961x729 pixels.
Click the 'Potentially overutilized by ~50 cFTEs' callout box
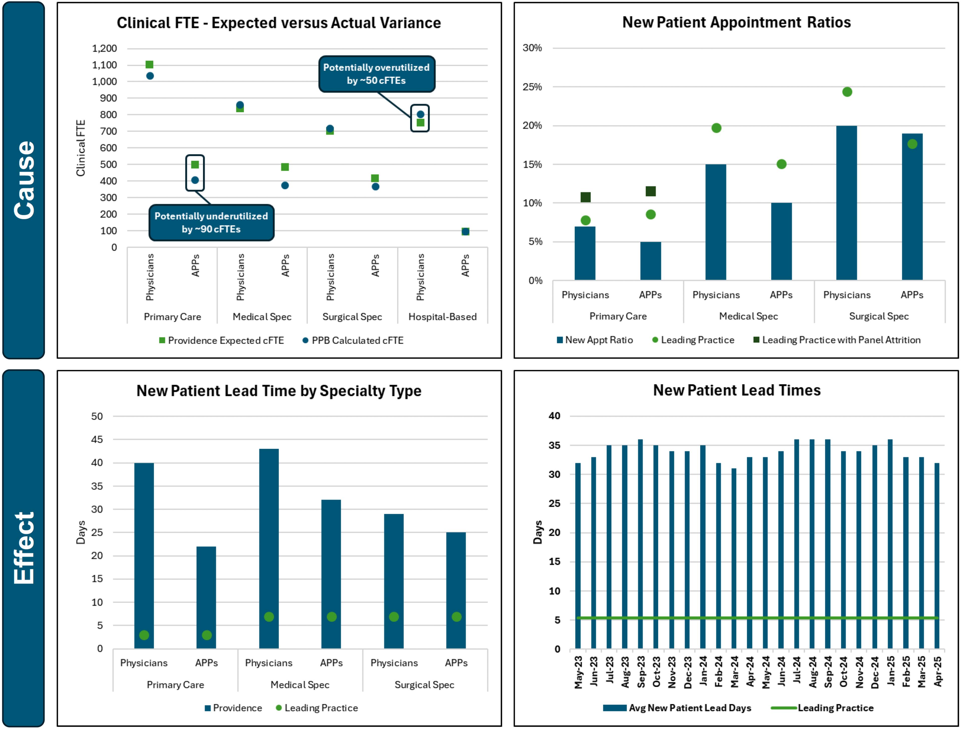coord(376,74)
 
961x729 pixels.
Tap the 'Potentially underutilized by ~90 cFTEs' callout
coord(211,223)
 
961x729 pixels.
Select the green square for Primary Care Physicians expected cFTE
coord(149,65)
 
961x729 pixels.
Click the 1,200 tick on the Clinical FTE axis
coord(104,48)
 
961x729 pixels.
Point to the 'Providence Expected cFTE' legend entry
coord(221,340)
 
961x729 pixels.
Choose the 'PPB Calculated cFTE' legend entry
coord(353,340)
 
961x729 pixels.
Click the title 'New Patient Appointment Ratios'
coord(736,22)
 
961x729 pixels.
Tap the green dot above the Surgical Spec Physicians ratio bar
coord(847,92)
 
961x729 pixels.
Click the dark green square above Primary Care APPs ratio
coord(650,191)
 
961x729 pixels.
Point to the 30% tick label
coord(532,48)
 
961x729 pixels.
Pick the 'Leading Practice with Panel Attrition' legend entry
coord(837,340)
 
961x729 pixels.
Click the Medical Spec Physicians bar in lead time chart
coord(269,548)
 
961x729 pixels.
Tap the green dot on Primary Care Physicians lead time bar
coord(144,635)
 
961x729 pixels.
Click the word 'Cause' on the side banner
coord(24,180)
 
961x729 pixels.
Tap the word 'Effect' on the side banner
coord(24,548)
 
